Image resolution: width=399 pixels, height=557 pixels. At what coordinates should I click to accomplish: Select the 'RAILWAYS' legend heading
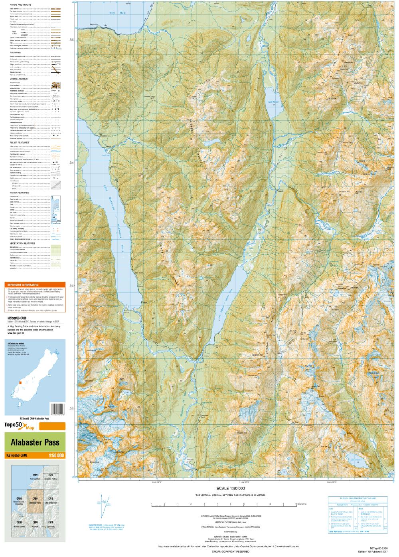tap(16, 52)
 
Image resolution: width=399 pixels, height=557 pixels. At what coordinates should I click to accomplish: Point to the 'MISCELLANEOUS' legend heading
tap(18, 79)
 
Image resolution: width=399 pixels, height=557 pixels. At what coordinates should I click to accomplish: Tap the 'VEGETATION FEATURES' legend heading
tap(22, 243)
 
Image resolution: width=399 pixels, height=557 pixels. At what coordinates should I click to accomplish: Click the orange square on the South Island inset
tap(19, 383)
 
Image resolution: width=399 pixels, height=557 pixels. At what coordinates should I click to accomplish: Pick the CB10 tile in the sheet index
tap(51, 522)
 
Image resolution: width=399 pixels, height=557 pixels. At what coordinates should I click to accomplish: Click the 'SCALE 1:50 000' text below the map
tap(230, 488)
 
